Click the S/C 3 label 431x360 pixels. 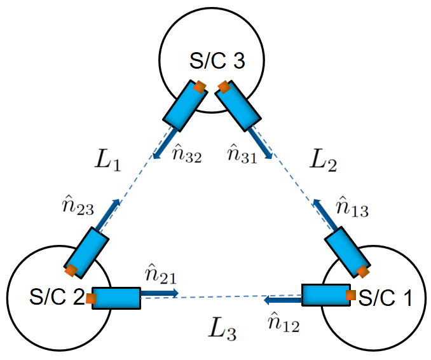[217, 62]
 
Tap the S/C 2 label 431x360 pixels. [56, 297]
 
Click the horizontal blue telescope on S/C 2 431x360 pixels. [116, 298]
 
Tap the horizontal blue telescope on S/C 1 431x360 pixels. [325, 294]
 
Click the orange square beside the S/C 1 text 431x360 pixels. [350, 295]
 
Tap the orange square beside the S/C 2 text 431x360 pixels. [92, 298]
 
